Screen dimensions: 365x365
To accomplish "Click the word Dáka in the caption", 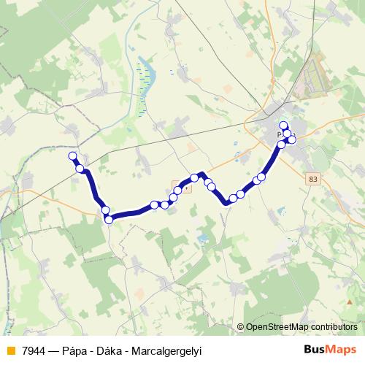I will click(114, 350).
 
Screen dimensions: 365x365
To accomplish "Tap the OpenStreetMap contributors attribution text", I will click(304, 328).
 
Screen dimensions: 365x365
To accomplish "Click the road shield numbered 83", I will click(313, 177).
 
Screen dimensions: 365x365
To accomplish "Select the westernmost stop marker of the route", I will click(72, 155).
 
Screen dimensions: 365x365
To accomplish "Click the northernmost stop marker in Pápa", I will click(284, 126).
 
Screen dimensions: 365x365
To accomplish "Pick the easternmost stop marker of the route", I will click(292, 139).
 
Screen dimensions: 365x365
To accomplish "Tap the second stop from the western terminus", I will click(80, 169).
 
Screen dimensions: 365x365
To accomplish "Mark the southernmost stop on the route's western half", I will click(109, 219).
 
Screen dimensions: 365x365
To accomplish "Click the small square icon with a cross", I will click(186, 187).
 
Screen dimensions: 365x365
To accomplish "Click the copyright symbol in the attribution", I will click(241, 328).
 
